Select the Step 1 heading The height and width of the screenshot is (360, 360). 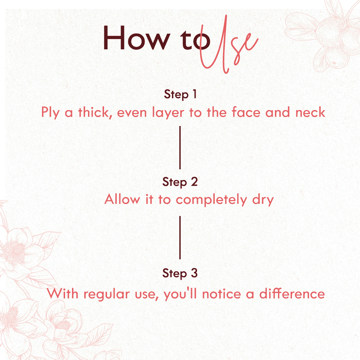click(180, 94)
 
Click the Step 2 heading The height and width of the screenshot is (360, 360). click(180, 182)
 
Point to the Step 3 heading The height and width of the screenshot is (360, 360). click(180, 273)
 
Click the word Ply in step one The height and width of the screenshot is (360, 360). click(50, 113)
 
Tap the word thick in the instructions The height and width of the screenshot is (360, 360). click(95, 113)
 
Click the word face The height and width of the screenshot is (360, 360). click(246, 112)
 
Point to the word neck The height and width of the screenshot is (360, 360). click(310, 112)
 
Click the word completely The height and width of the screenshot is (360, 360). click(211, 199)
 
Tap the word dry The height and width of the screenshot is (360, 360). click(263, 200)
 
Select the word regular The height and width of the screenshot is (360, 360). click(107, 294)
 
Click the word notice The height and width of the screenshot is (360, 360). click(222, 294)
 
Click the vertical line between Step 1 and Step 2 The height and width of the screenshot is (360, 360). click(180, 148)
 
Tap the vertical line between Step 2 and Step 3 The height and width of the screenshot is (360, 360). click(180, 238)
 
